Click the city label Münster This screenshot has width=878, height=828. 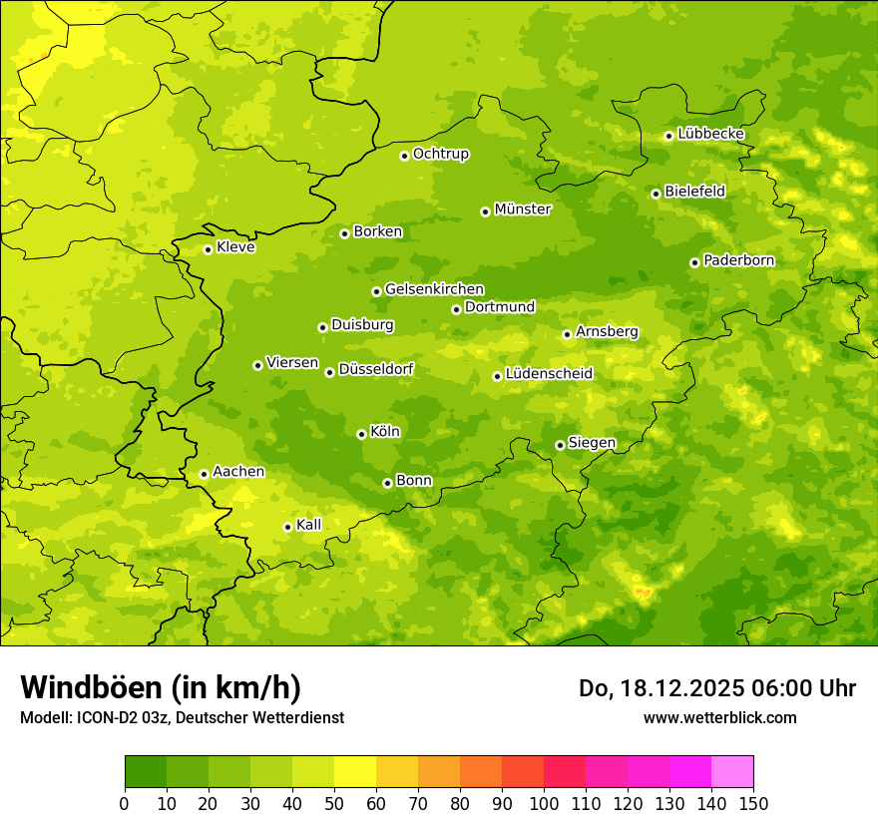[x=522, y=209]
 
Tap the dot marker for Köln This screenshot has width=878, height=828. [x=361, y=434]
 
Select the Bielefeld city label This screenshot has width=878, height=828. [x=694, y=192]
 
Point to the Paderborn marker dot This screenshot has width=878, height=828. [x=694, y=262]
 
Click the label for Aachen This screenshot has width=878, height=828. [x=238, y=472]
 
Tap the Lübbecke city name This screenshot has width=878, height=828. [x=710, y=134]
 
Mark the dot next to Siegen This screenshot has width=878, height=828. [x=560, y=445]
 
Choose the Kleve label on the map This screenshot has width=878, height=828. [x=235, y=247]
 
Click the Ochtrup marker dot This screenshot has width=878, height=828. [x=404, y=156]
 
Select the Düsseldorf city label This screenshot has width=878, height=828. [x=375, y=369]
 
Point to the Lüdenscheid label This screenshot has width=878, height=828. [x=549, y=374]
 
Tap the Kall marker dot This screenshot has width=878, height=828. [x=287, y=527]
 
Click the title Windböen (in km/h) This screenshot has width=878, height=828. [x=161, y=687]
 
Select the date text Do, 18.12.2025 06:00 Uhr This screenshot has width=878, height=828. [x=716, y=688]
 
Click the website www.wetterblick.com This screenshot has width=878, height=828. [x=719, y=717]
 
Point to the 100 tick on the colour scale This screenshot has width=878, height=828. [x=544, y=803]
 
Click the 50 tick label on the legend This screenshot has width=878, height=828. [x=334, y=803]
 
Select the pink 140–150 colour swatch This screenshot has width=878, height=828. [x=732, y=772]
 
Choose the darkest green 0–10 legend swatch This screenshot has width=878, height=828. [x=146, y=772]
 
